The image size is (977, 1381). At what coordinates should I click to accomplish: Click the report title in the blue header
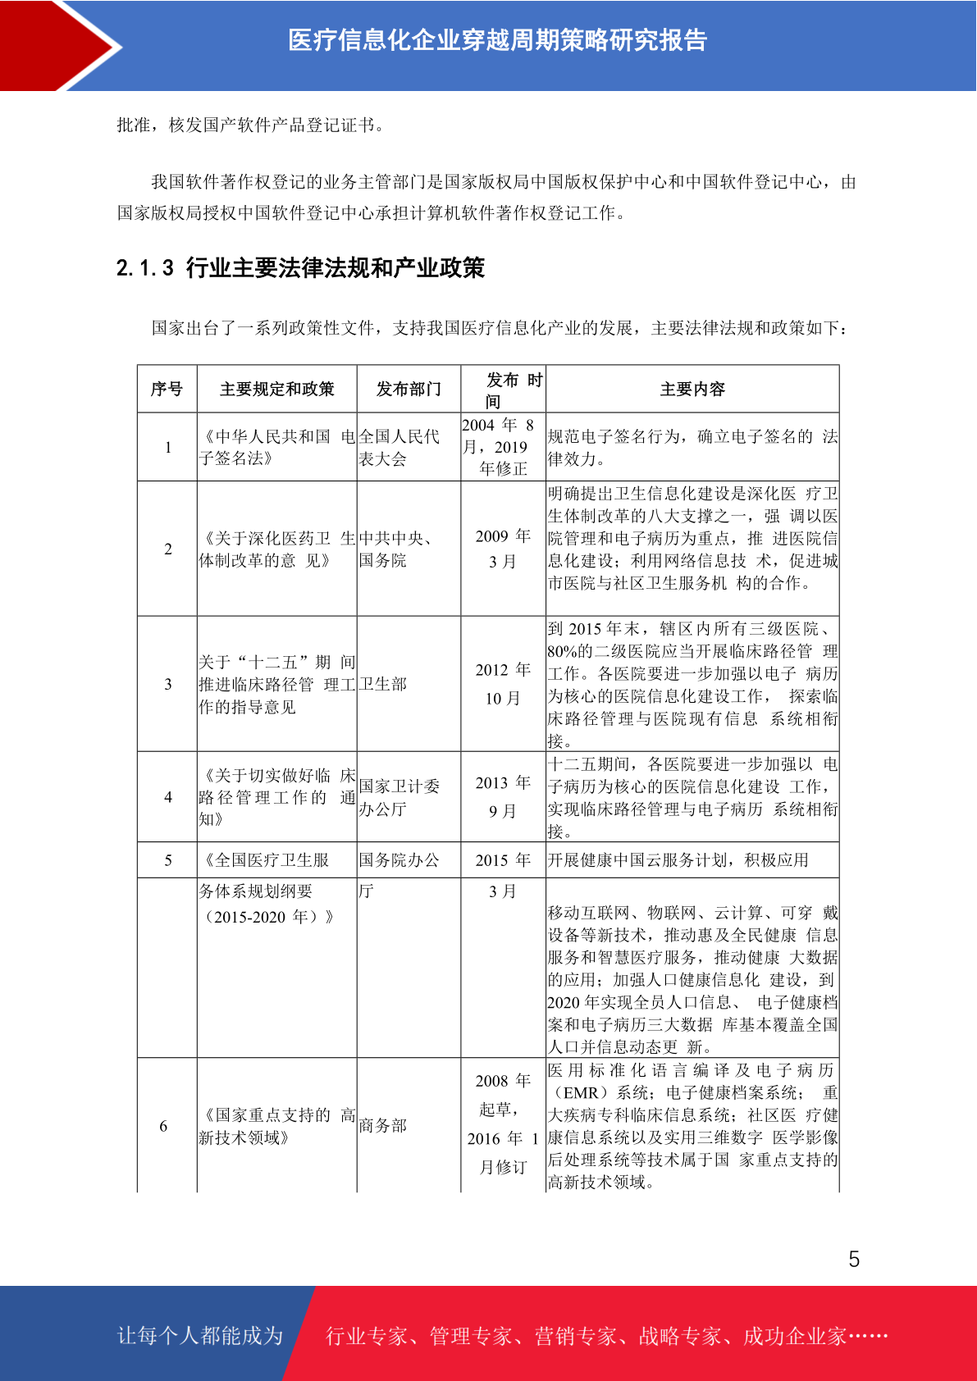point(497,40)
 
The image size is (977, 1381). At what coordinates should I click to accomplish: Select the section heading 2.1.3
point(300,267)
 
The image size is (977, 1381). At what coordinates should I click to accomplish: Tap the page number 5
point(854,1259)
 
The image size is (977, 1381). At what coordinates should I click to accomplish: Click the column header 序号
point(167,389)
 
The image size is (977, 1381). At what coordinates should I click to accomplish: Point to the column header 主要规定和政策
point(276,389)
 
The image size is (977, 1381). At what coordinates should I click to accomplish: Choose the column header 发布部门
point(409,389)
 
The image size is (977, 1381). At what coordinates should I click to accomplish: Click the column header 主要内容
point(692,389)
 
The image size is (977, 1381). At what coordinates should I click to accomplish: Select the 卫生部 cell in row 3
point(383,684)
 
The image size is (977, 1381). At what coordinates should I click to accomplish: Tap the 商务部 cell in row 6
point(383,1125)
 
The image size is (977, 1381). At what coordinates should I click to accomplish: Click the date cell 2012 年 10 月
point(503,684)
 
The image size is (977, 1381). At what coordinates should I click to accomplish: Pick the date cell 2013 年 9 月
point(503,796)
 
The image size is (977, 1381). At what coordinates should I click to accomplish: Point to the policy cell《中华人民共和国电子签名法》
point(276,447)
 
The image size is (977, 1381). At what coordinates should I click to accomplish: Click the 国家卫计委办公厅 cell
point(399,797)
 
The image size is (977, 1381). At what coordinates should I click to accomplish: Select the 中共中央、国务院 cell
point(396,549)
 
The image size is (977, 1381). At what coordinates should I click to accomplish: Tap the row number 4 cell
point(167,797)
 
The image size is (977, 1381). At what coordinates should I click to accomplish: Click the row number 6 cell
point(163,1126)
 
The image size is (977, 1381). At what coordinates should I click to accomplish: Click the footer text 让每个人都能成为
point(200,1335)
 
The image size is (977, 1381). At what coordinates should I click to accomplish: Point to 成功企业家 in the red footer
point(794,1336)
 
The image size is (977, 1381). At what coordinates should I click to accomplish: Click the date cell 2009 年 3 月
point(503,549)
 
